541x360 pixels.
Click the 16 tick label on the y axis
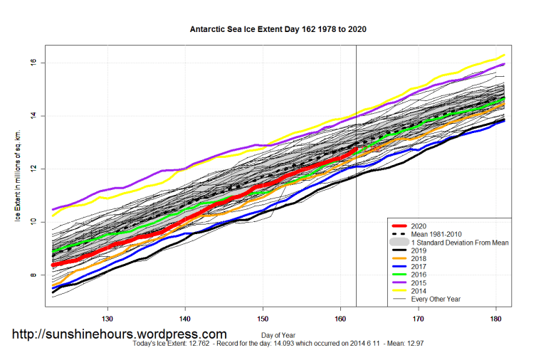point(32,63)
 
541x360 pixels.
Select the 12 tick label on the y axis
point(32,169)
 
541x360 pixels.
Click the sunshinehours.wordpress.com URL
point(120,334)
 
